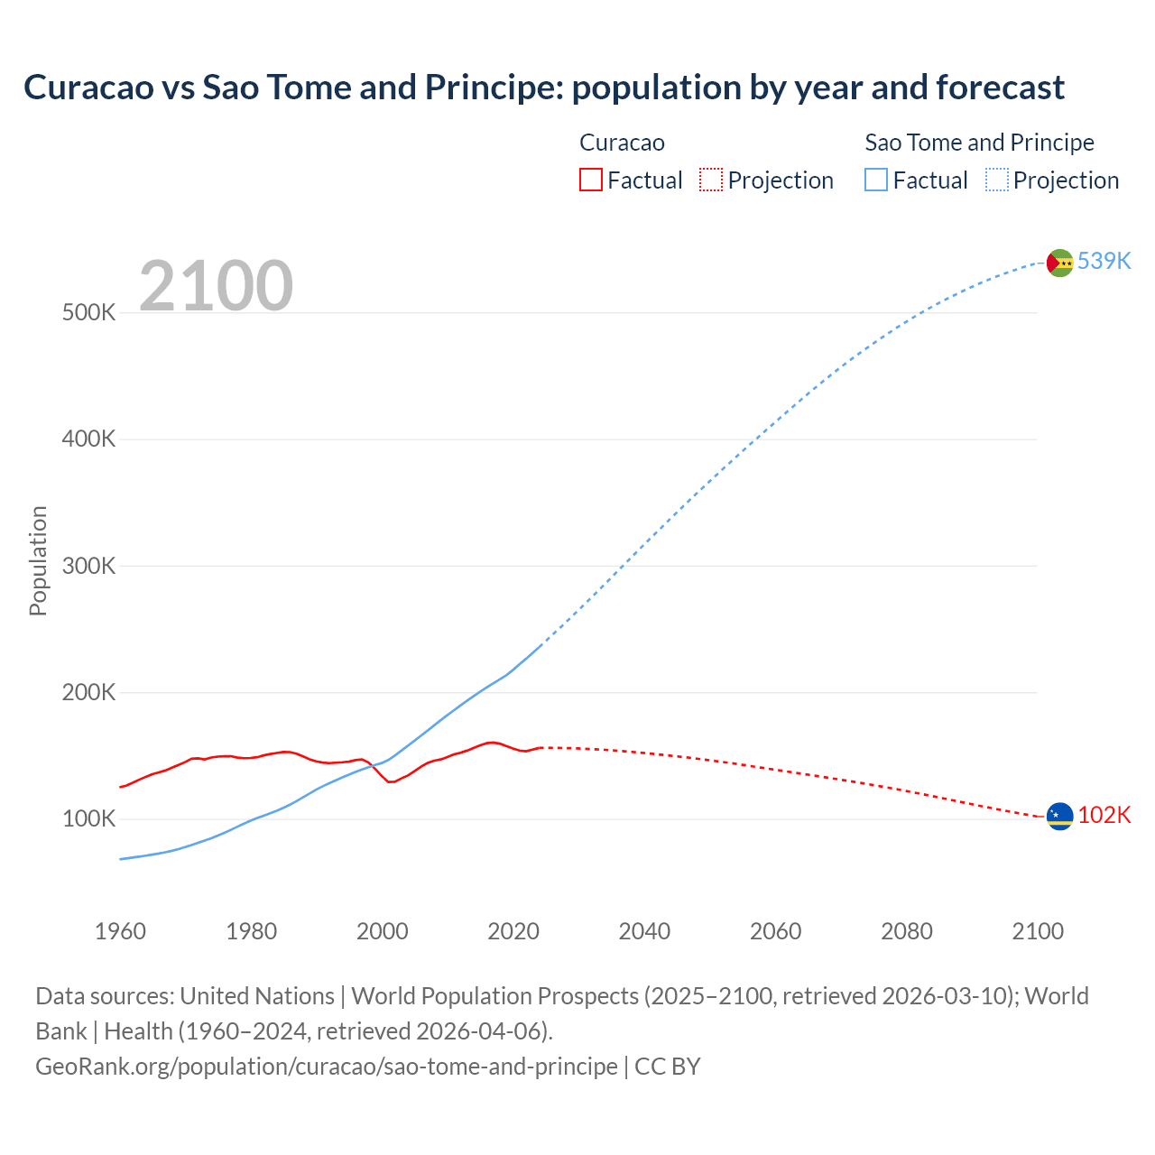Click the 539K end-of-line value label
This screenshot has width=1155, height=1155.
click(1104, 262)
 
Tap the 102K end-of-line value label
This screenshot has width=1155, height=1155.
click(1104, 816)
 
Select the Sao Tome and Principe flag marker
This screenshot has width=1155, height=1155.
click(1059, 263)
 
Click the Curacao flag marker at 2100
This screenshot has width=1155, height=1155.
click(1059, 817)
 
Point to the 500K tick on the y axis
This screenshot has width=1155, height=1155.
click(89, 313)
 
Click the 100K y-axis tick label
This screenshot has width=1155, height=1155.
click(89, 819)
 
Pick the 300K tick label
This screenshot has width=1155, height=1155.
click(89, 567)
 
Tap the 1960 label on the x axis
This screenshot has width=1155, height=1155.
click(120, 931)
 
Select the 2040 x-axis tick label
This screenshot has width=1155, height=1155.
click(644, 931)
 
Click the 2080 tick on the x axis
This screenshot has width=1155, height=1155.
click(906, 931)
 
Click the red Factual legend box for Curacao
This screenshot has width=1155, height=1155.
click(590, 180)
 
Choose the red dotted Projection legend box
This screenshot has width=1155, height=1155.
click(711, 180)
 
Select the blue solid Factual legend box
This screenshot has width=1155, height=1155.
click(875, 180)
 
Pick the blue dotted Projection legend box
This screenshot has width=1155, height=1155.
click(996, 180)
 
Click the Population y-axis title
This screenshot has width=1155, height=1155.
click(38, 561)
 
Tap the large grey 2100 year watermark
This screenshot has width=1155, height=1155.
click(216, 286)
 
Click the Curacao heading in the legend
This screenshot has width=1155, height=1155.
click(622, 143)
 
